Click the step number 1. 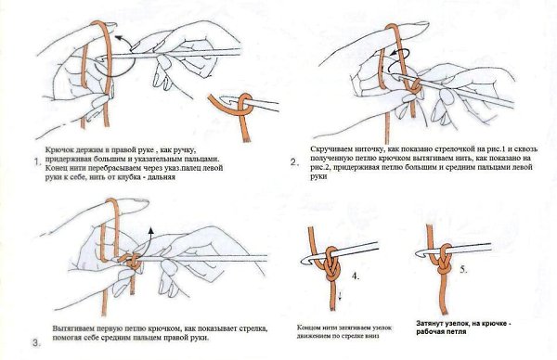point(37,162)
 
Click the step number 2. point(293,162)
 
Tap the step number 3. point(36,343)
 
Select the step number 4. point(356,276)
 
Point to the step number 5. point(463,270)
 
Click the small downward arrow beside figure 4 point(340,295)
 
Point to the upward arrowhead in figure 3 point(151,230)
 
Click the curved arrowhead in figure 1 point(118,37)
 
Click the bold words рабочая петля point(441,332)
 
